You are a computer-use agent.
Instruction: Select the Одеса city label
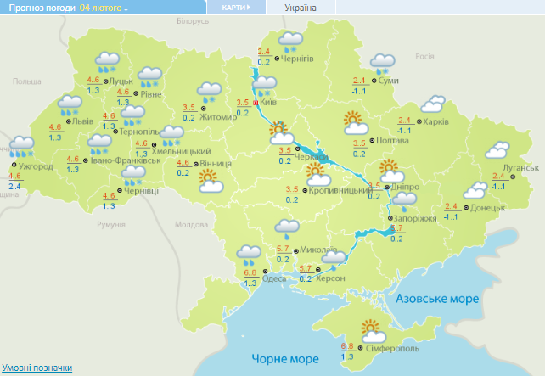(274, 278)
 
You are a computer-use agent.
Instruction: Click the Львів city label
(82, 121)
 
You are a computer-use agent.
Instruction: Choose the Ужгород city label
(36, 166)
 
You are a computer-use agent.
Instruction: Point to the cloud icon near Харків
(433, 104)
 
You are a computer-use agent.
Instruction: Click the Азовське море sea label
(439, 299)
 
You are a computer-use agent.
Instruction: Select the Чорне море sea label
(279, 356)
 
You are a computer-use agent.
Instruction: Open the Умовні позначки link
(36, 368)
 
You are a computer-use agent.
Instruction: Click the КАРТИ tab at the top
(235, 8)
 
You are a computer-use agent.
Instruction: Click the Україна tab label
(300, 8)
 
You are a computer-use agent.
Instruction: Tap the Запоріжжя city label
(415, 218)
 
